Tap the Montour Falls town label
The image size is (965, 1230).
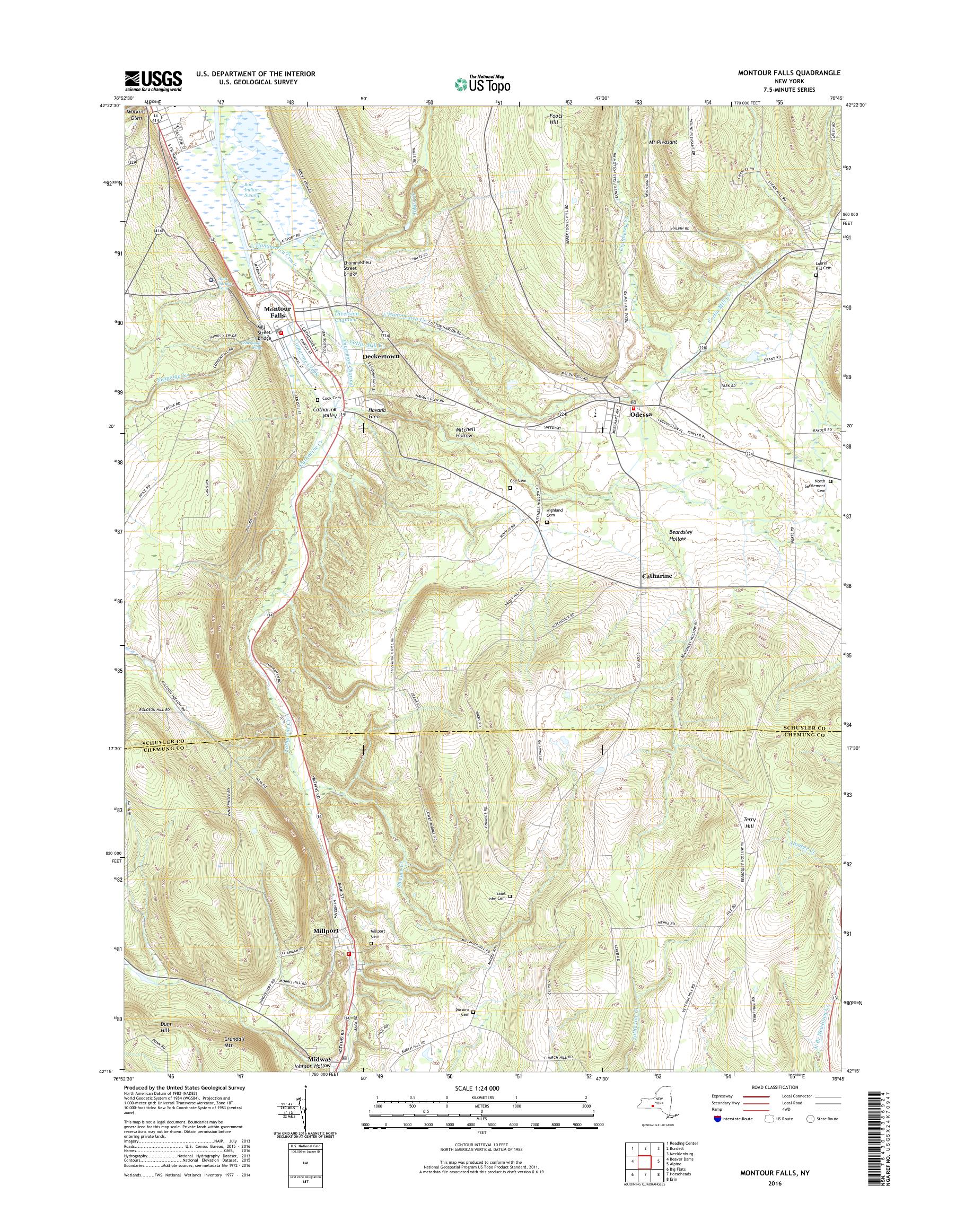(x=277, y=312)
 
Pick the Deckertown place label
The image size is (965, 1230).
(x=381, y=357)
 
